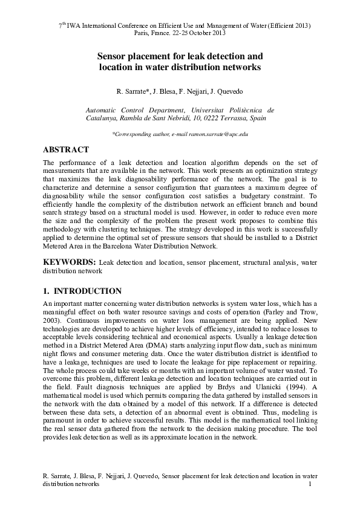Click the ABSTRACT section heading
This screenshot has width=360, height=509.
[x=66, y=150]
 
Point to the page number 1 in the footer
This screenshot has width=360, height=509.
[x=310, y=485]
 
